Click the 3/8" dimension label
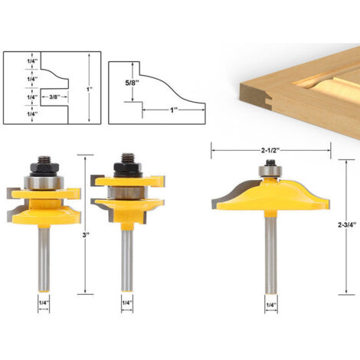pos(54,97)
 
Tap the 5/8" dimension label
pos(133,83)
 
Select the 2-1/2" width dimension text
pos(270,151)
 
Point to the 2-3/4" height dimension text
pos(347,224)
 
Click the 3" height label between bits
pos(85,235)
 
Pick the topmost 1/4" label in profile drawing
pos(32,61)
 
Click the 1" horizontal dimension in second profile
pos(174,110)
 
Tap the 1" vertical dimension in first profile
pos(90,90)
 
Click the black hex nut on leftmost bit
pos(45,169)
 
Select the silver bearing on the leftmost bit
pos(43,182)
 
